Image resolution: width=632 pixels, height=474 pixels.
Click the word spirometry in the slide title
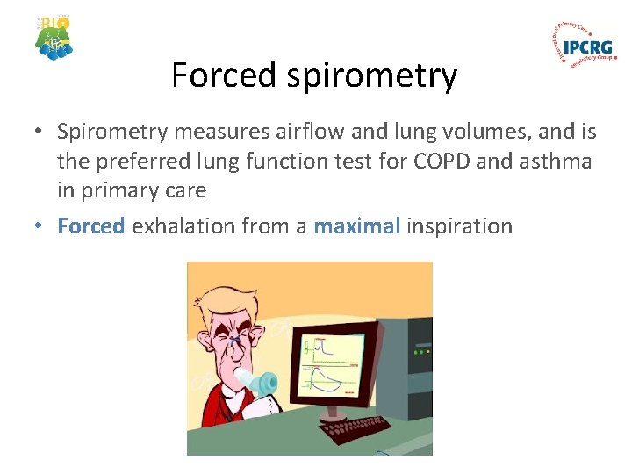point(363,77)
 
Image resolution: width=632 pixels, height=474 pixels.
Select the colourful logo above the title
point(54,37)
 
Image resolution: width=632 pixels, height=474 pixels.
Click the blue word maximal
point(356,226)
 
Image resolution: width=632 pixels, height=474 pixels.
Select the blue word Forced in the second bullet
point(91,226)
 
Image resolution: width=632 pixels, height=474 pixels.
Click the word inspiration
point(459,226)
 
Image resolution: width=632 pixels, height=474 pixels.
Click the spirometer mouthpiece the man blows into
point(262,384)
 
